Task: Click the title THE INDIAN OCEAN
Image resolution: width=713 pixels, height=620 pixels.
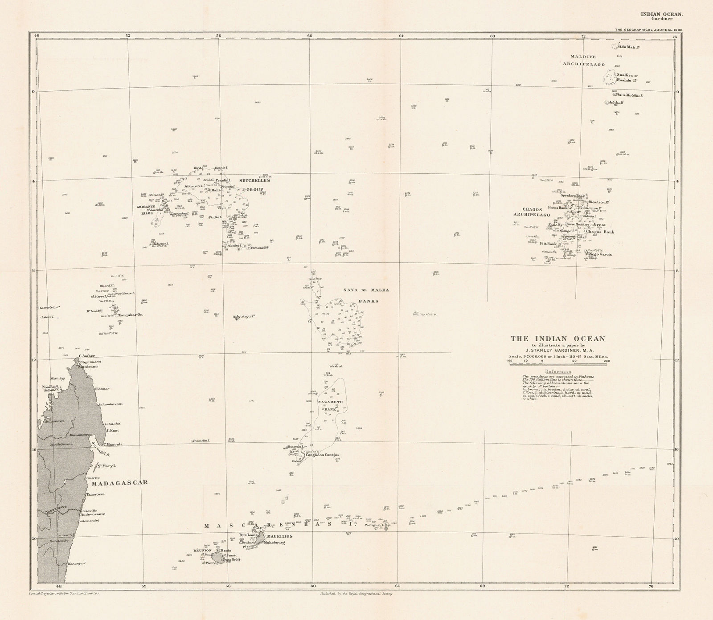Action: [557, 339]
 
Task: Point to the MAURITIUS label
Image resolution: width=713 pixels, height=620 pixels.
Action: [280, 536]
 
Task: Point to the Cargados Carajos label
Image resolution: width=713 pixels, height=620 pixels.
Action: [323, 455]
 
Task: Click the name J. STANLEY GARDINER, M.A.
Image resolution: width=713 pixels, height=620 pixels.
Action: [557, 351]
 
